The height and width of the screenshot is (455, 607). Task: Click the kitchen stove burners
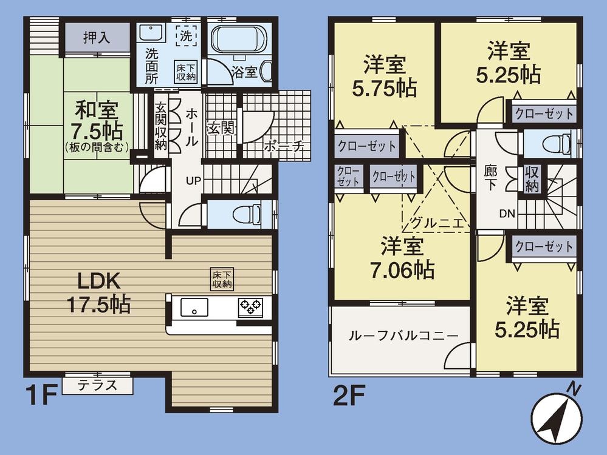click(250, 306)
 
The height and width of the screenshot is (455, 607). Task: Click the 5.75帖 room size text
click(385, 88)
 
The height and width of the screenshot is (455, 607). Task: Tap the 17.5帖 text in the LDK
click(100, 303)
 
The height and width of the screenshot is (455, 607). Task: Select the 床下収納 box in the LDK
click(221, 278)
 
